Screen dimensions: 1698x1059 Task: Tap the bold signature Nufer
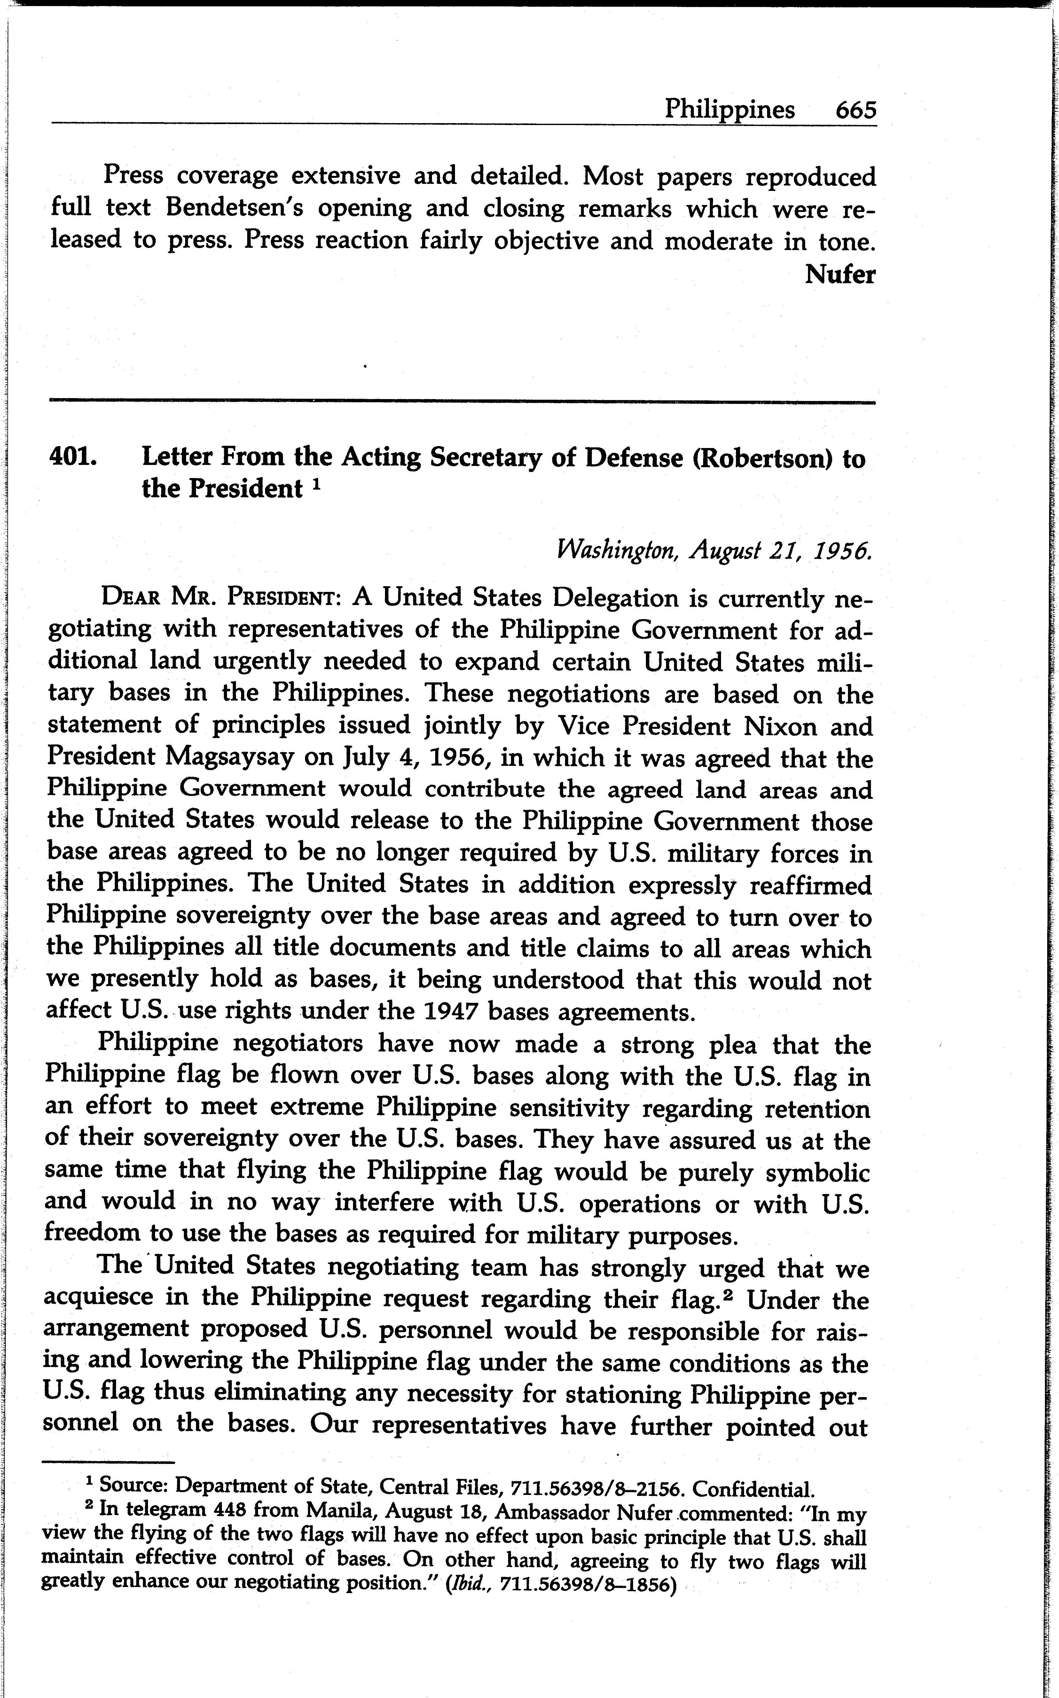click(840, 274)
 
